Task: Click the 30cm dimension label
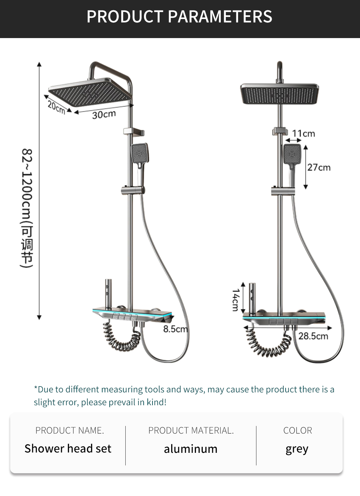click(104, 115)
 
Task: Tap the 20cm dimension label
click(56, 107)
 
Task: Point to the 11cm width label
click(303, 134)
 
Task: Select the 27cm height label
click(319, 167)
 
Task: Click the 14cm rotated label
click(236, 300)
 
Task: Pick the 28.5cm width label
click(313, 336)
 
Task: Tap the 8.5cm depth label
click(176, 329)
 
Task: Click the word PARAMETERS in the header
click(220, 17)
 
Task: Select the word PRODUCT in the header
click(125, 17)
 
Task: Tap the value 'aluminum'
click(191, 449)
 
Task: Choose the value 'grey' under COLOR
click(297, 449)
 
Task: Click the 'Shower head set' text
click(68, 449)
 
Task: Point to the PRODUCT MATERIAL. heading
click(191, 430)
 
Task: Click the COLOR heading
click(298, 430)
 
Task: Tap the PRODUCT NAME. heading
click(70, 430)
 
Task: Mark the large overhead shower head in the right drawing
click(280, 94)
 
